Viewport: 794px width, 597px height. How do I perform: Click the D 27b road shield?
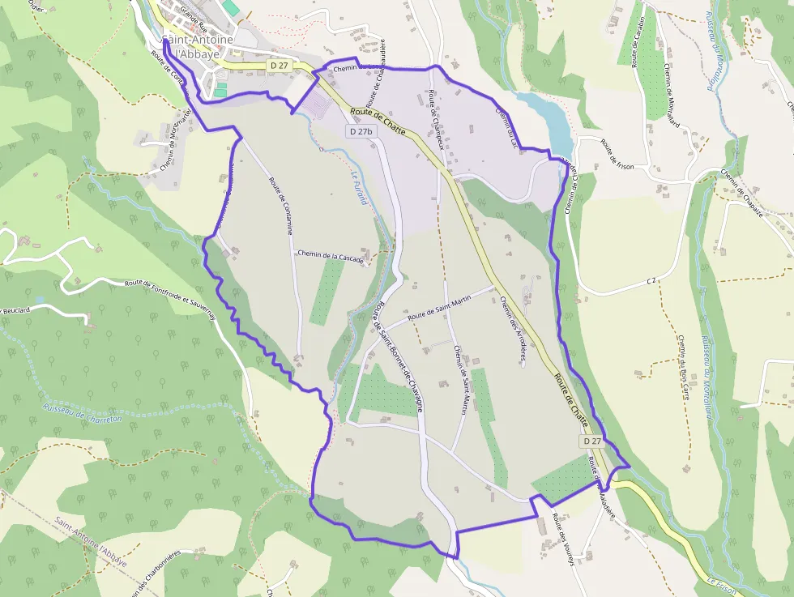pos(361,131)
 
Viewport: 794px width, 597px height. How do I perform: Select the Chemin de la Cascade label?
pos(329,254)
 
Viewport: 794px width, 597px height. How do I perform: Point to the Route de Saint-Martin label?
pos(439,309)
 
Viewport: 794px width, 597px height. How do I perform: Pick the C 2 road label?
pos(651,280)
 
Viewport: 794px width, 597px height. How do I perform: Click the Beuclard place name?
pos(16,309)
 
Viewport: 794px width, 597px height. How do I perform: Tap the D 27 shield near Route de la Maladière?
pos(591,441)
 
